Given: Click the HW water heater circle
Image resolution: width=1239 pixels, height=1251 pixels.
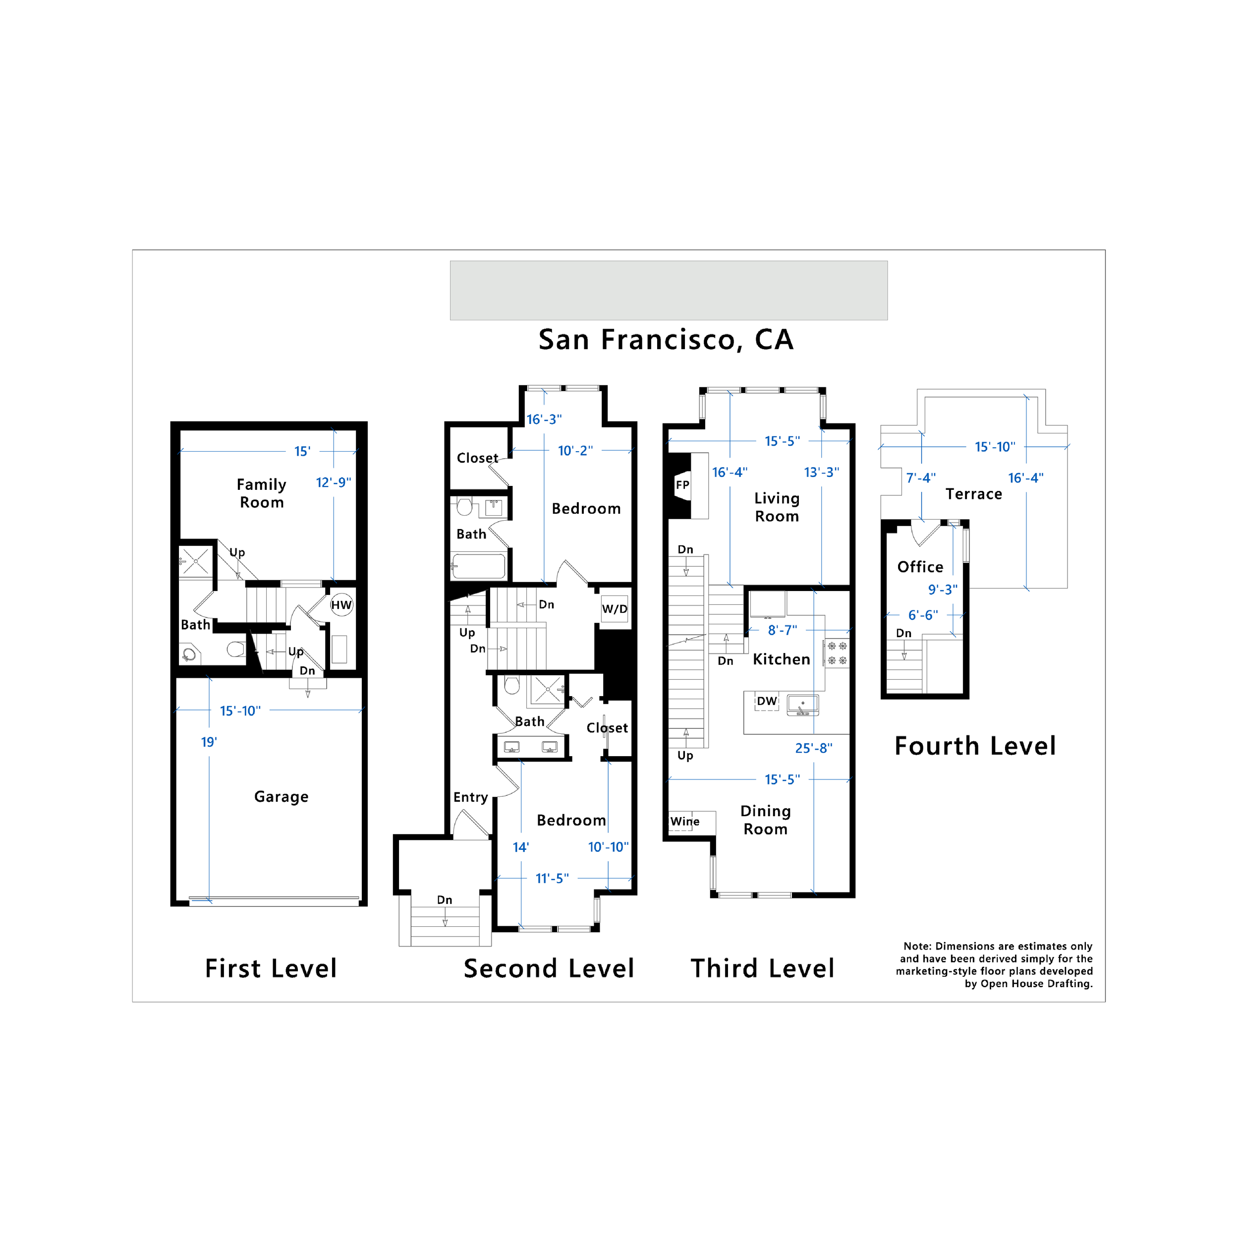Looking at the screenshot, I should point(341,605).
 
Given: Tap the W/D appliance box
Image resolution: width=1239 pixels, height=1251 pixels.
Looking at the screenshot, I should point(615,609).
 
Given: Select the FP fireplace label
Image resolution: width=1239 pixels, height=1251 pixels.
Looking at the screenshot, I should point(682,485).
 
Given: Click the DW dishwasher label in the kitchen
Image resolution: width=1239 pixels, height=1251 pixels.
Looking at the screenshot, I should point(766,701).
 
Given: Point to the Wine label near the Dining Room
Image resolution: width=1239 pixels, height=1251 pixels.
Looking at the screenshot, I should point(685,821).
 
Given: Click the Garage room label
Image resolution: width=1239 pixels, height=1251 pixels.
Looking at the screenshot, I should point(281,796).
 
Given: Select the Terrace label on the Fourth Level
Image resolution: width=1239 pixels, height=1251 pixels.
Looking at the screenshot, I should point(973,494).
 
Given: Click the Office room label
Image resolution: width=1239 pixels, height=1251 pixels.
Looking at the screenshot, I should point(920,567).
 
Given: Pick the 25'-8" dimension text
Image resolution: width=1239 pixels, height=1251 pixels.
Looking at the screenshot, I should point(813,748).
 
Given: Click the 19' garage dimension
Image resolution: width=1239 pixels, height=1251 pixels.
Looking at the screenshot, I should point(209,742).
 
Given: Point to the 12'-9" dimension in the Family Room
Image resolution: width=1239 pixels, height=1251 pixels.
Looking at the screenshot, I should point(334,482).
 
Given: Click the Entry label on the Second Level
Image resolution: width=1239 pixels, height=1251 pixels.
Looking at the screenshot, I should point(470,797).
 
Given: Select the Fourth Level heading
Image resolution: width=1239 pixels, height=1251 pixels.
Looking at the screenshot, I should point(974,746).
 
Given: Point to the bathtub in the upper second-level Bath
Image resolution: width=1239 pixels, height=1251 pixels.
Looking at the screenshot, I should point(478,566).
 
